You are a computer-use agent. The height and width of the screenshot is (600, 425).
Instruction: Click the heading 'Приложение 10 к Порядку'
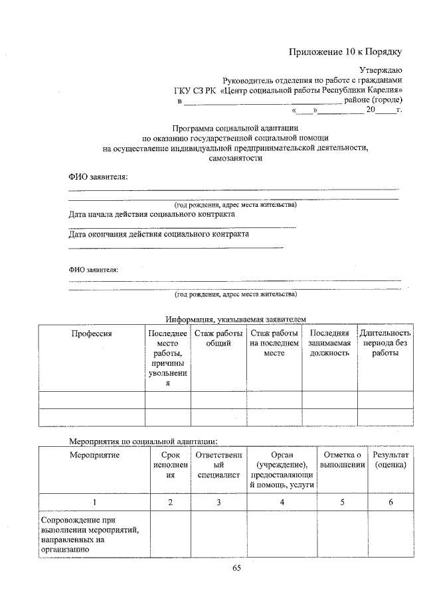(345, 52)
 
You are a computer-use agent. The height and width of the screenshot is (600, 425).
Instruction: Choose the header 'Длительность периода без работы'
(385, 343)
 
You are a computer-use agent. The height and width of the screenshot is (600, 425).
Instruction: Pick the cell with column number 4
(282, 503)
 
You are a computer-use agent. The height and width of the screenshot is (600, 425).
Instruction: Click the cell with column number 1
(94, 503)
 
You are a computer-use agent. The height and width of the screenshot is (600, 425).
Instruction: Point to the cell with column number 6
(390, 503)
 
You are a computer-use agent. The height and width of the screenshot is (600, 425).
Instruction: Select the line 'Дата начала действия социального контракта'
(151, 215)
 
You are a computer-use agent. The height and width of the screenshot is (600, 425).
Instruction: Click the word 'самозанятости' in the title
(235, 159)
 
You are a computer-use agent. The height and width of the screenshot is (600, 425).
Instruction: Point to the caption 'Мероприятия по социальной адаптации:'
(143, 440)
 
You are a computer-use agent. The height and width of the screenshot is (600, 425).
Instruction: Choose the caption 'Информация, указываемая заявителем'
(236, 319)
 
